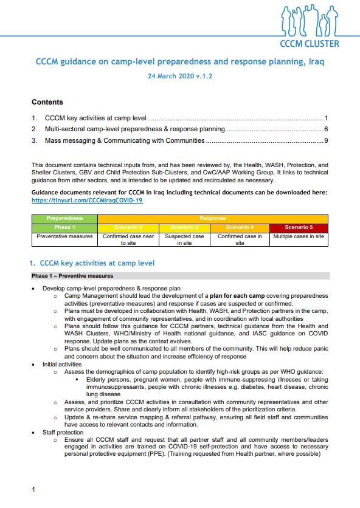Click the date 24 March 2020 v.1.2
click(180, 77)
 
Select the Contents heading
click(47, 102)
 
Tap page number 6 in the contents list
click(326, 129)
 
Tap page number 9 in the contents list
click(326, 141)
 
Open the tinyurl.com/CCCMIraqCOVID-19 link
click(87, 200)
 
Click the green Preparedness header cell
click(64, 218)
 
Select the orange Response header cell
click(213, 218)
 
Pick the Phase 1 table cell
click(64, 227)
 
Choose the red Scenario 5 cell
click(299, 227)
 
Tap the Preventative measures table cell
click(64, 236)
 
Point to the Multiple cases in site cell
click(299, 236)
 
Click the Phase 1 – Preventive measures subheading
click(72, 276)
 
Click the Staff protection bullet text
click(64, 432)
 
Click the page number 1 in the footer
click(33, 489)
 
